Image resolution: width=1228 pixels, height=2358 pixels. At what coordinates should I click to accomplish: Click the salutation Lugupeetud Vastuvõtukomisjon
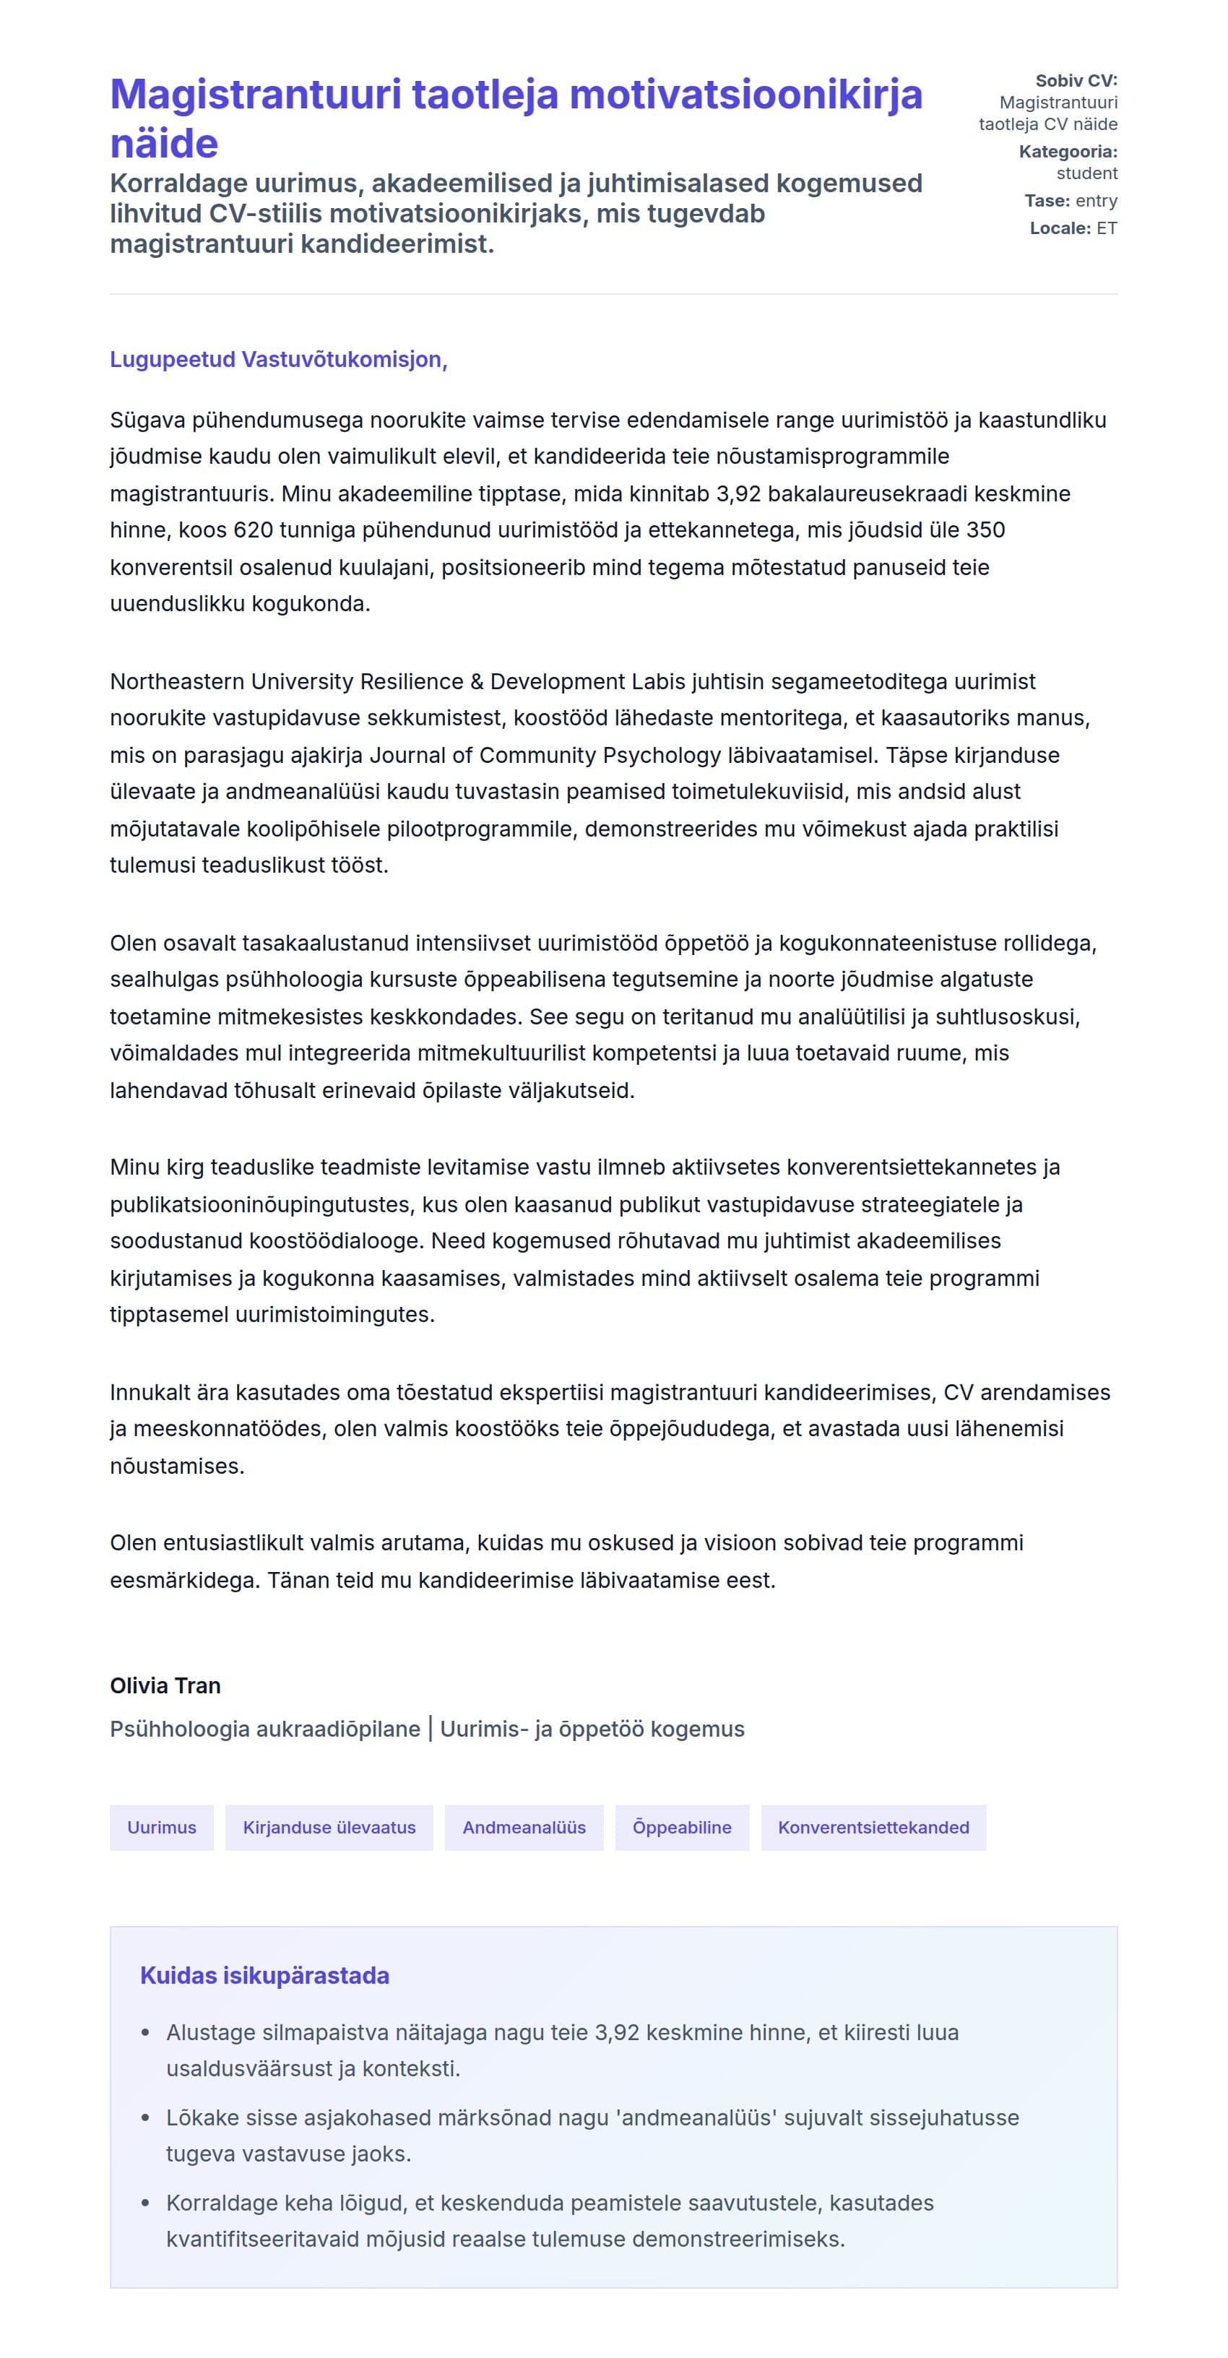pos(278,360)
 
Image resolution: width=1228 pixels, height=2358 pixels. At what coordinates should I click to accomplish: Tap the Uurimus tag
pos(161,1827)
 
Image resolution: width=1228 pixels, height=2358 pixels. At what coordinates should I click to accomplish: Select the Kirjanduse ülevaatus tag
pos(329,1827)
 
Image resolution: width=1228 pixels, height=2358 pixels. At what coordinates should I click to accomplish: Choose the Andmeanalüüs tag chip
pos(524,1827)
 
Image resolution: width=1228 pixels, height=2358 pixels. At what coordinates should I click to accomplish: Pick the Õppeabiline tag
pos(682,1827)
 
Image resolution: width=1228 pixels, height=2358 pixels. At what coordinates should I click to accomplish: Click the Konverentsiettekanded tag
pos(873,1827)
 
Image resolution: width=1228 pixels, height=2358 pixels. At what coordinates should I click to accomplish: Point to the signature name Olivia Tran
pos(165,1685)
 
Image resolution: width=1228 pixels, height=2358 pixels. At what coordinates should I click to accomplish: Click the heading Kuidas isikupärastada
pos(264,1975)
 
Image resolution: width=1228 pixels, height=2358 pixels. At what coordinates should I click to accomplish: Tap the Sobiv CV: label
pos(1076,81)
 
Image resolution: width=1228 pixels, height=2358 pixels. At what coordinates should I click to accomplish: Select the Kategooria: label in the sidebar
pos(1068,152)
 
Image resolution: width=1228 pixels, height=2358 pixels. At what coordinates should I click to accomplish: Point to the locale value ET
pos(1107,228)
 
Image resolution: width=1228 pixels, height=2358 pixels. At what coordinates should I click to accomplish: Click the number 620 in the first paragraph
pos(253,530)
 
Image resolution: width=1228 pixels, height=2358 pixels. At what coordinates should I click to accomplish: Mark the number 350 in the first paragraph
pos(985,530)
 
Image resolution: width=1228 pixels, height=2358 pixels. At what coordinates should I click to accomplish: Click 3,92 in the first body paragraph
pos(738,493)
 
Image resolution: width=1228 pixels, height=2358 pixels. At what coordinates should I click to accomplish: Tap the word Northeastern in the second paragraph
pos(176,682)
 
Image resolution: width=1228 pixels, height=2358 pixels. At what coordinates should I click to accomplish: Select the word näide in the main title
pos(164,144)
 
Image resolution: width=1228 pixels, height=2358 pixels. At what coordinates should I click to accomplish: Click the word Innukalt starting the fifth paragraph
pos(151,1392)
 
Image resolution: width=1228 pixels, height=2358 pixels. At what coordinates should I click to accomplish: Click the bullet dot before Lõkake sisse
pos(144,2117)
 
